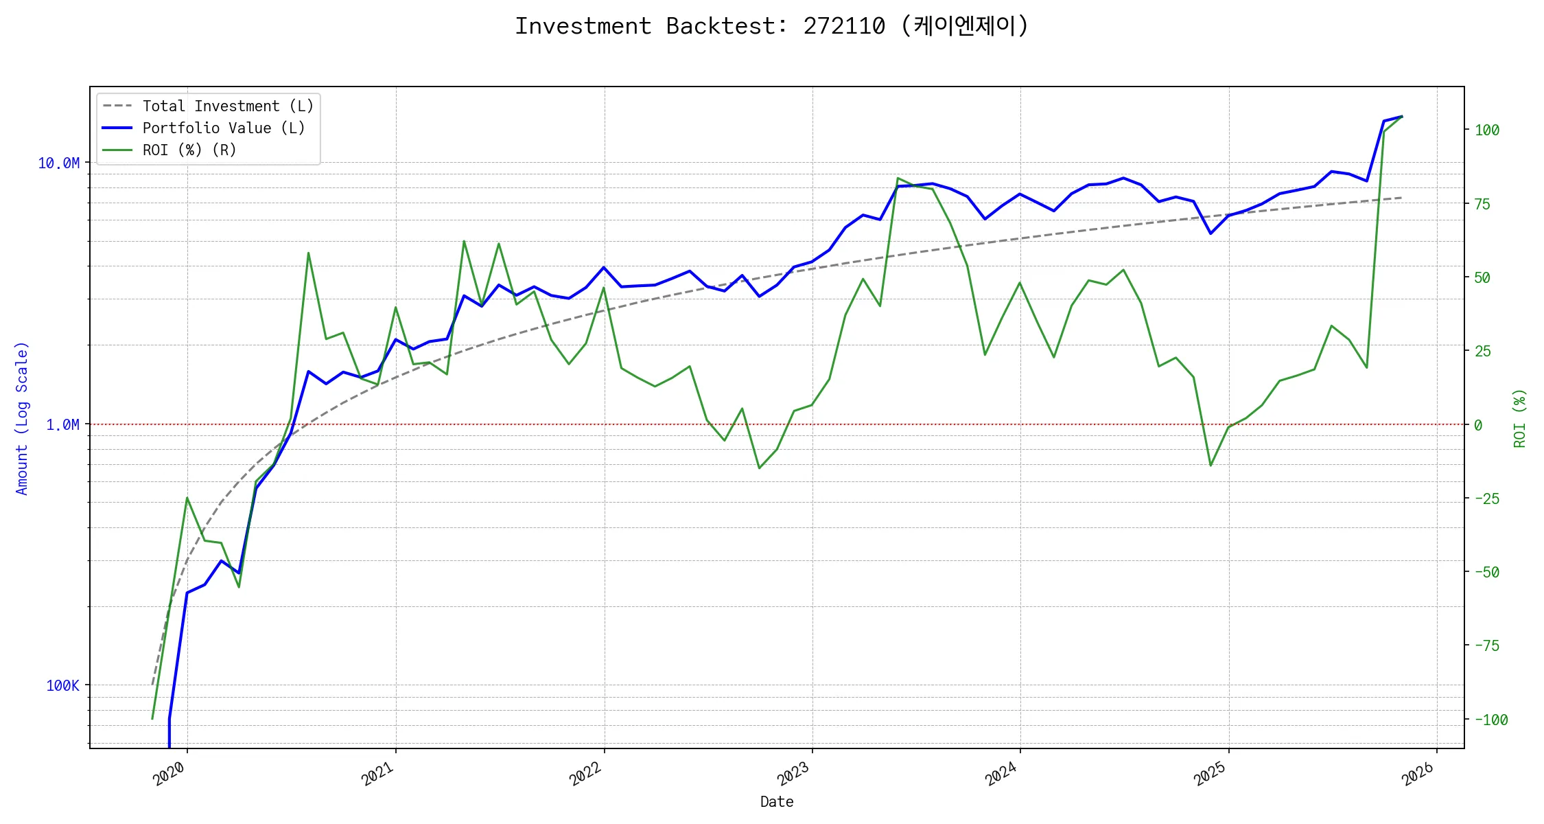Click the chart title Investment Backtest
click(771, 26)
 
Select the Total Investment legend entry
click(227, 106)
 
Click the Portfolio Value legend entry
click(223, 128)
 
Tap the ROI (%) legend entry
click(189, 150)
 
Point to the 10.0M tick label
click(58, 163)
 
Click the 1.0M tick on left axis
click(62, 425)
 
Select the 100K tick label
click(62, 685)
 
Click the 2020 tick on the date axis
click(169, 774)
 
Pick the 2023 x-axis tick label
click(794, 774)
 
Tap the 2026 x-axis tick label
click(1418, 774)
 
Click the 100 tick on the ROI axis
click(1487, 130)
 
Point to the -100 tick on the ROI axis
click(1490, 720)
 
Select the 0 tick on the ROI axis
click(1478, 426)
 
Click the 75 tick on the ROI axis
click(1483, 204)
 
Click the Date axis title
click(777, 802)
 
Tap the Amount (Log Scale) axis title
click(22, 418)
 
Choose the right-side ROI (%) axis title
click(1520, 418)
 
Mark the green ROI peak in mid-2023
click(898, 179)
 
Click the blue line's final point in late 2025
click(1401, 117)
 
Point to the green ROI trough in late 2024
click(1210, 466)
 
